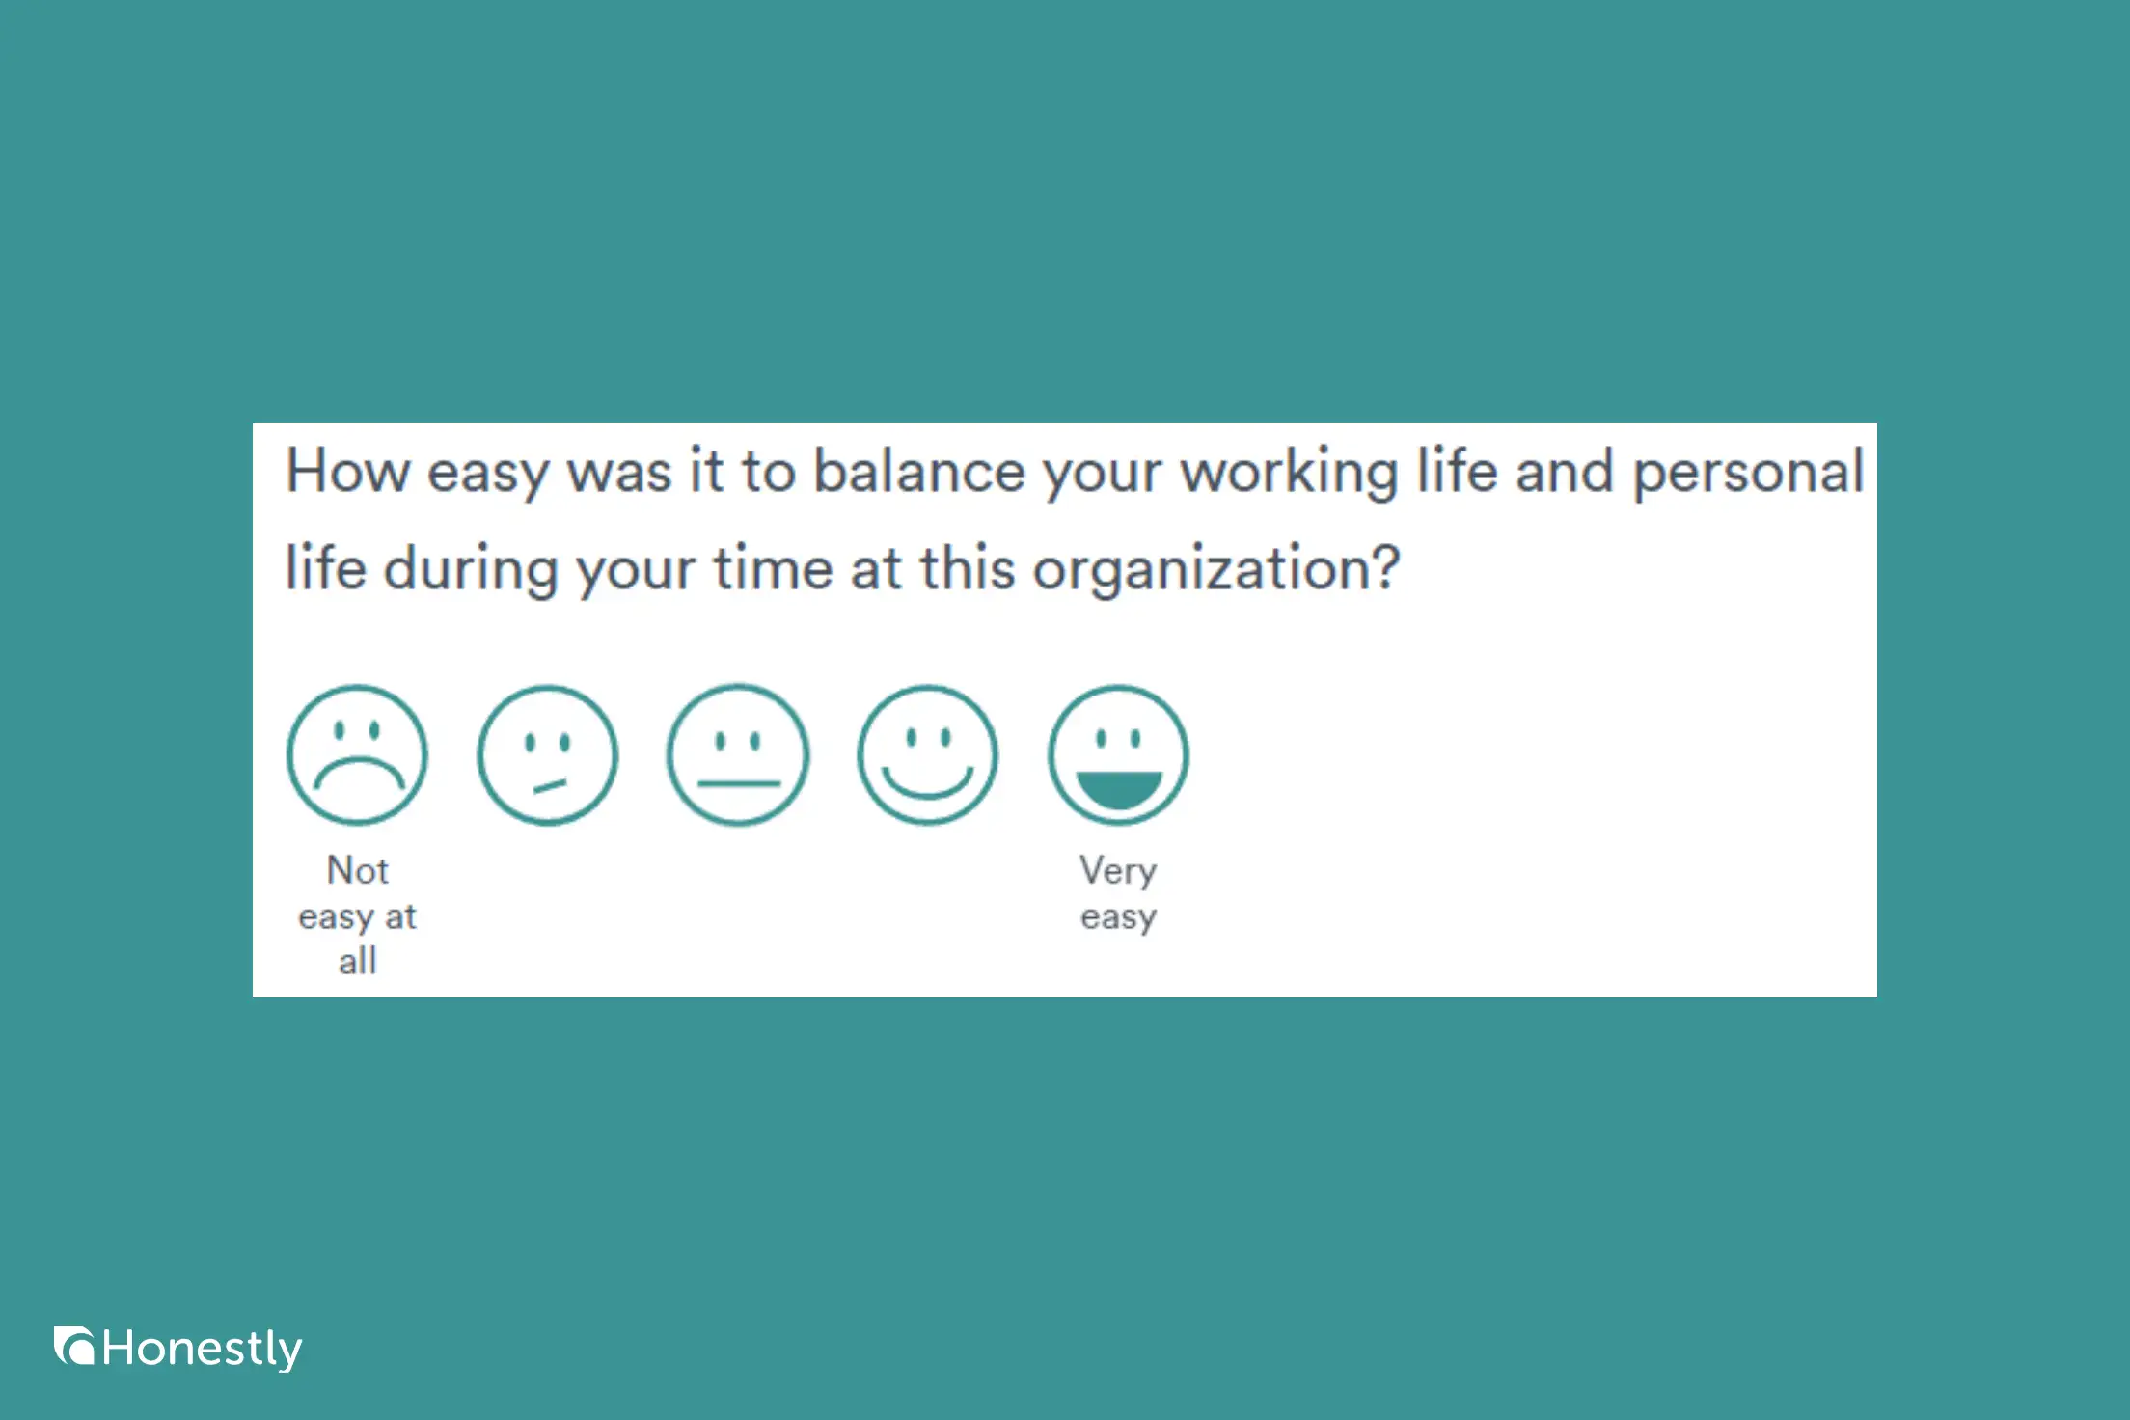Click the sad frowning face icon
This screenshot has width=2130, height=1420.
tap(357, 754)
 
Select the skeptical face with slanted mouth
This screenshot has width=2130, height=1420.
tap(547, 754)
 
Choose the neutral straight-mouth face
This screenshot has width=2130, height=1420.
tap(738, 754)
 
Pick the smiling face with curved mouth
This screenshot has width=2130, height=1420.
tap(928, 754)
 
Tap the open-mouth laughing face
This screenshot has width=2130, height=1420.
tap(1118, 754)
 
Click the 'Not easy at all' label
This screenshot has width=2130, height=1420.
tap(357, 915)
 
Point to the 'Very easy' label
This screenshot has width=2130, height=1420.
tap(1118, 893)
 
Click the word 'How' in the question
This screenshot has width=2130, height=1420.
tap(347, 473)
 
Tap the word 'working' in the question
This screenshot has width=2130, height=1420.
tap(1289, 473)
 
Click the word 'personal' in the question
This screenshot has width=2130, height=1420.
tap(1747, 473)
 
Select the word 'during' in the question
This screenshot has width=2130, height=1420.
tap(471, 569)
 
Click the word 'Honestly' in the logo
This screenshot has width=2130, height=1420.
tap(202, 1349)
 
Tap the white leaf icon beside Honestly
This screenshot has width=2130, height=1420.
tap(74, 1347)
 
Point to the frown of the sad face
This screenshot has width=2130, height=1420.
tap(358, 773)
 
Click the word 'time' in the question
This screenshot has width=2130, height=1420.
tap(773, 569)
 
